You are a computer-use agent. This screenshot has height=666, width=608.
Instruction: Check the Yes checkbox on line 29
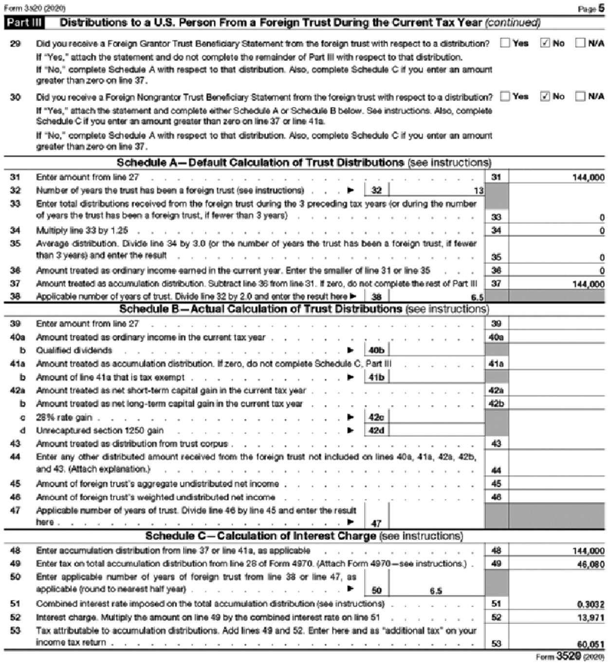click(x=505, y=43)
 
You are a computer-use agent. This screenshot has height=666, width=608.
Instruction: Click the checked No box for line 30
click(x=545, y=96)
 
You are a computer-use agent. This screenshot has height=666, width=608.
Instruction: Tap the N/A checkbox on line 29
click(x=580, y=43)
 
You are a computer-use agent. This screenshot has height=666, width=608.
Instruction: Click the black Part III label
click(x=24, y=23)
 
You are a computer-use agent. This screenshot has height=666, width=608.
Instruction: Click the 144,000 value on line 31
click(x=588, y=178)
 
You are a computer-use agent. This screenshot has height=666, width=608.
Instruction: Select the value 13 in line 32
click(x=478, y=191)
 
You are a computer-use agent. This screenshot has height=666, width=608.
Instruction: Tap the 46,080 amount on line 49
click(x=590, y=564)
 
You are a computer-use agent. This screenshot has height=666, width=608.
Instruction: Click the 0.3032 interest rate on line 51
click(x=590, y=604)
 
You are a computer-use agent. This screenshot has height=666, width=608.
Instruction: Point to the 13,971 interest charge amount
click(x=590, y=618)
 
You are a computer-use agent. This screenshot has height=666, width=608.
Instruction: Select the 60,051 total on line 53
click(x=590, y=644)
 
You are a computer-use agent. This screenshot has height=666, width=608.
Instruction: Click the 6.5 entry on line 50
click(x=436, y=591)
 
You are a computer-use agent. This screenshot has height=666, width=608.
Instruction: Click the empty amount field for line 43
click(x=556, y=444)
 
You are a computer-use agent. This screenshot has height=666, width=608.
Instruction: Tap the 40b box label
click(x=376, y=350)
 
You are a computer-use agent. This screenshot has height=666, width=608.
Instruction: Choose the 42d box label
click(x=376, y=430)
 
